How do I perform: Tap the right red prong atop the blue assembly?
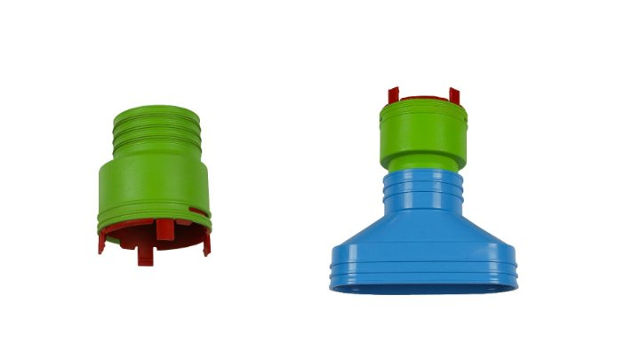point(454,95)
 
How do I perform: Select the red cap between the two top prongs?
point(424,100)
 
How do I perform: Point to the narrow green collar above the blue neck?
point(423,165)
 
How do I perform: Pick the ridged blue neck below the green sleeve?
point(423,191)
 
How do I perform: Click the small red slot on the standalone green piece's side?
point(199,212)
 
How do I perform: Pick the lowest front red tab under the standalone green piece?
point(146,256)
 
